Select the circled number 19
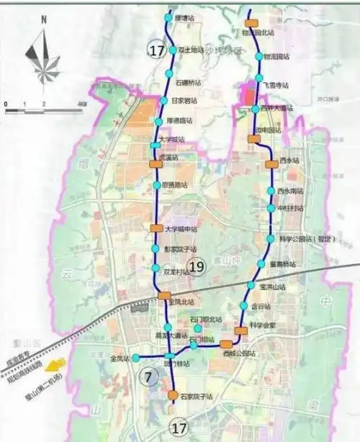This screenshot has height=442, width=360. (196, 268)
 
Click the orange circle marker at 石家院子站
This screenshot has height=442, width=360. (173, 395)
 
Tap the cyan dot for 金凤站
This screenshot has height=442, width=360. (135, 358)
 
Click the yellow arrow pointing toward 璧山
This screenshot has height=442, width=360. (55, 364)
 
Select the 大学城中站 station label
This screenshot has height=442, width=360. (181, 230)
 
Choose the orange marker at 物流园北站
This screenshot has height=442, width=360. (251, 23)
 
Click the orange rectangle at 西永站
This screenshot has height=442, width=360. (271, 164)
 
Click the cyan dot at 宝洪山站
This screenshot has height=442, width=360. (251, 286)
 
